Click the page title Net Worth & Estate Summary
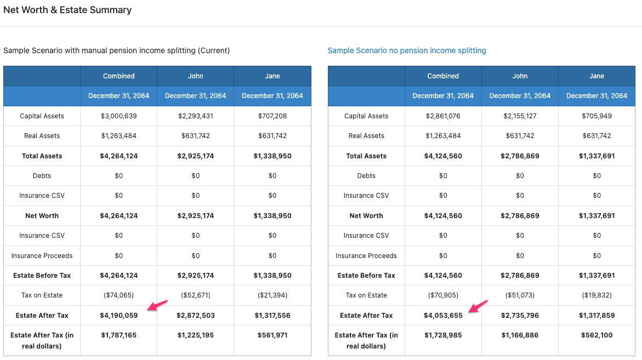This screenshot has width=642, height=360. (x=67, y=10)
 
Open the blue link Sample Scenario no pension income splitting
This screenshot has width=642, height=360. (x=407, y=50)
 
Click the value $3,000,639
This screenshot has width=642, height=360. (x=119, y=116)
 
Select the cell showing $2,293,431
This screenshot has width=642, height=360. (x=196, y=116)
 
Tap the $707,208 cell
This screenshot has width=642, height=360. (x=272, y=116)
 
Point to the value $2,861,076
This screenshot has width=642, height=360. (x=443, y=116)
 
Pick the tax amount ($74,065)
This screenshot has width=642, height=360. (x=119, y=295)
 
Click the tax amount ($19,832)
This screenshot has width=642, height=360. (x=596, y=295)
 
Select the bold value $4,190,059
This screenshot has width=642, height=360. (x=119, y=316)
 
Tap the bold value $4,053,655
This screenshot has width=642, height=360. (x=443, y=316)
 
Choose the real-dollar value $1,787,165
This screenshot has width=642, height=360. (x=119, y=335)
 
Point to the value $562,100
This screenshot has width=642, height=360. (x=596, y=335)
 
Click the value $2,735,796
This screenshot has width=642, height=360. (x=520, y=316)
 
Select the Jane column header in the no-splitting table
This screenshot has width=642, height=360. (x=596, y=76)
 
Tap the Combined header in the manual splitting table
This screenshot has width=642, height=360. (x=119, y=76)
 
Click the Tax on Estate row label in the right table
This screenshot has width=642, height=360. (x=366, y=295)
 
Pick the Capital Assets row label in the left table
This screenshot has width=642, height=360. (x=42, y=116)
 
